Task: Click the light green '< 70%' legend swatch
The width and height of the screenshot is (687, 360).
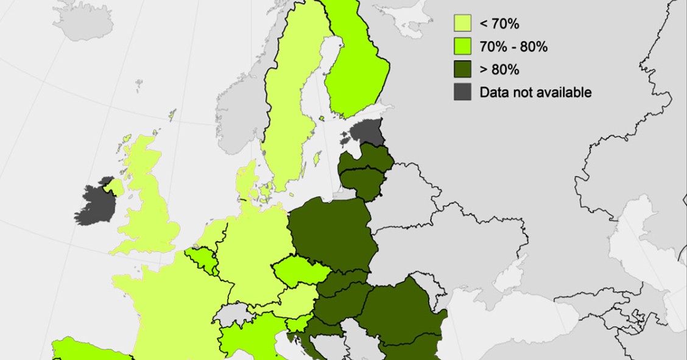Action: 462,24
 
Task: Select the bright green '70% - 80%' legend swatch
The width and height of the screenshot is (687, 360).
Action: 462,47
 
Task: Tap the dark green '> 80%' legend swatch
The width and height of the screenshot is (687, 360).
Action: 462,70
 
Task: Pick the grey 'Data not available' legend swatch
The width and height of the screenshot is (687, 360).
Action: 462,93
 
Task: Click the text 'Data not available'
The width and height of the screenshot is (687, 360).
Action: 535,93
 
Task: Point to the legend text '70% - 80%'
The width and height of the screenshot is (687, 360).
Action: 513,47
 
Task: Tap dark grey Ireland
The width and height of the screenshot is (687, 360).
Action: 96,204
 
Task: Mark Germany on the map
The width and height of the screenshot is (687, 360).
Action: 253,250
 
